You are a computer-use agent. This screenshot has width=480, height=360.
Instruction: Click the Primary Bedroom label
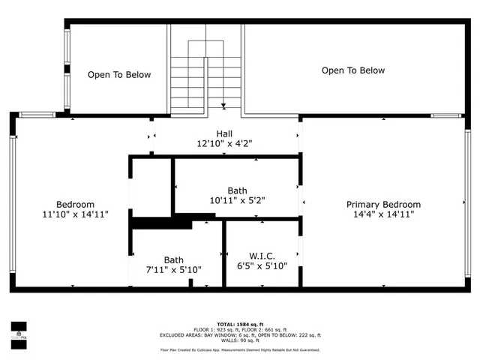pos(383,204)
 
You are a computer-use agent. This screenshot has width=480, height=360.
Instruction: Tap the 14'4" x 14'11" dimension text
pos(383,214)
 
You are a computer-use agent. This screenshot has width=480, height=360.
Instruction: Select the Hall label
pos(224,133)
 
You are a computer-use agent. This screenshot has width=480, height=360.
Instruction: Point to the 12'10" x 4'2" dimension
pos(224,143)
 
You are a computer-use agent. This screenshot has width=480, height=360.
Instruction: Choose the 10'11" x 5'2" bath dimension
pos(237,201)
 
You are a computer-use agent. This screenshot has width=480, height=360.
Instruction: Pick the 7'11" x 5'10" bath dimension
pos(173,269)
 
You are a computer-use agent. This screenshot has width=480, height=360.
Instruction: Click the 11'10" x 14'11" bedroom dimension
pos(75,214)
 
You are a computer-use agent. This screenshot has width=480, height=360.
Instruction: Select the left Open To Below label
pos(119,75)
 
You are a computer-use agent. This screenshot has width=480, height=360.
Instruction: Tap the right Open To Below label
pos(353,70)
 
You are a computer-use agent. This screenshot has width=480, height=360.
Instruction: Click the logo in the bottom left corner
pos(18,330)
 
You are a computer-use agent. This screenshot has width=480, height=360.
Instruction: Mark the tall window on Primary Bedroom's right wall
pos(467,202)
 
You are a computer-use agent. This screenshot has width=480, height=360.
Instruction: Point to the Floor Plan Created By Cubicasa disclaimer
pos(240,350)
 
